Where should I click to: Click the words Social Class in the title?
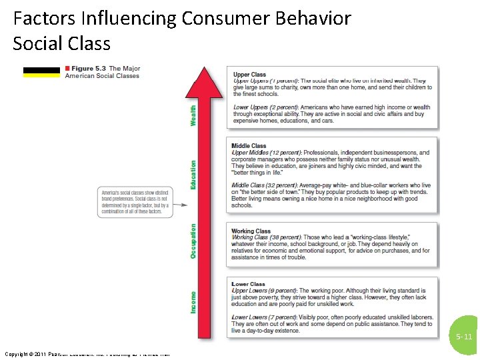61,44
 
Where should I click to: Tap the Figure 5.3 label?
90,69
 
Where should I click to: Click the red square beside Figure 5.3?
67,69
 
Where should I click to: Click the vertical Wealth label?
194,115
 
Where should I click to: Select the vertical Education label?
194,174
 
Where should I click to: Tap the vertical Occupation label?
194,241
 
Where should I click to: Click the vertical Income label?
194,302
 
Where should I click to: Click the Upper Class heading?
249,75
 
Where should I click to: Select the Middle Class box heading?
249,146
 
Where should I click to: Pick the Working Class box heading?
251,231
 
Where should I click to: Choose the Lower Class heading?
249,284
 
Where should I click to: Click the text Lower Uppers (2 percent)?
265,107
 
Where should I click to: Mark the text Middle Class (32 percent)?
265,185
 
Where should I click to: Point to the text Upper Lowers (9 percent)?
264,291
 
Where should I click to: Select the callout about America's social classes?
135,201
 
